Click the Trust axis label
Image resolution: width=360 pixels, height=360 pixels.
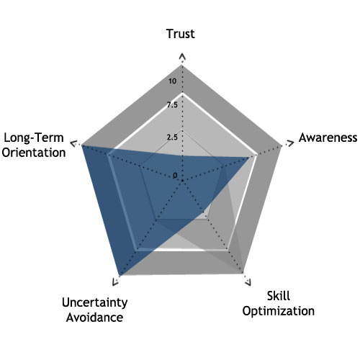point(181,34)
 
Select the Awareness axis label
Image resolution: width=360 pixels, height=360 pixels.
point(328,138)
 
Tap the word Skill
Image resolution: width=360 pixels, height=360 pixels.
point(279,296)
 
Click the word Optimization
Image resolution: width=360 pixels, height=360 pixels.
point(279,311)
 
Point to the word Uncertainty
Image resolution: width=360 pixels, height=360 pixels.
point(95,302)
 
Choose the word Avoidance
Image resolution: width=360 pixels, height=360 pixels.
point(95,318)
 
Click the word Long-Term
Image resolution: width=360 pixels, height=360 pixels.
point(34,138)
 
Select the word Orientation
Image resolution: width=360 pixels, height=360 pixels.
point(34,153)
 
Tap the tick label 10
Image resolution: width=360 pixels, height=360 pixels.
point(172,81)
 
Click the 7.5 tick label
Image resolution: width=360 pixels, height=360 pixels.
point(172,105)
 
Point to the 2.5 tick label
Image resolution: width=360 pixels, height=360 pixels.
point(172,138)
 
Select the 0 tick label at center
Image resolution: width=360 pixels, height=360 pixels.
point(175,176)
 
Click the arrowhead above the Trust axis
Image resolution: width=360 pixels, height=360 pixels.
point(183,57)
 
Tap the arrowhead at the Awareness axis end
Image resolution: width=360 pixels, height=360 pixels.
point(290,144)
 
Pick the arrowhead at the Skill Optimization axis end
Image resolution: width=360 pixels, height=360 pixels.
point(248,282)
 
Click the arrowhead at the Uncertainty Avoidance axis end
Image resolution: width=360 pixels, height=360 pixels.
point(115,282)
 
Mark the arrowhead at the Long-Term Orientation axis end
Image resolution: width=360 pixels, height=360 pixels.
point(73,144)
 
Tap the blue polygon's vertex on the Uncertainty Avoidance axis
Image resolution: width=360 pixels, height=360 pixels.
point(120,276)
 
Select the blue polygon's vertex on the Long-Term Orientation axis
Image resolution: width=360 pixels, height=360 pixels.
point(81,145)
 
